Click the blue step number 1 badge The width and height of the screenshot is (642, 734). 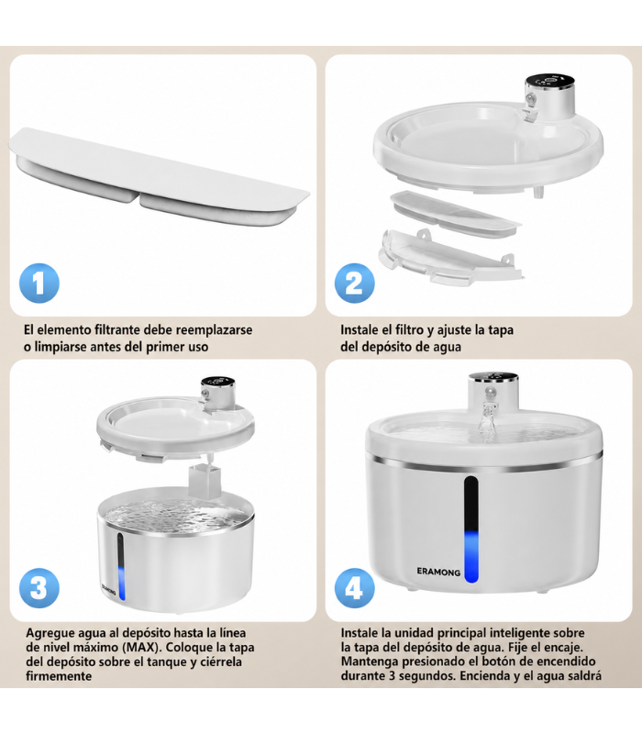(x=39, y=284)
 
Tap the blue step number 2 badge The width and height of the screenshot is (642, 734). (x=355, y=284)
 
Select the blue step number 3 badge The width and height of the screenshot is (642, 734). (x=39, y=588)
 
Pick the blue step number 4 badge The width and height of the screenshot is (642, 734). (x=355, y=588)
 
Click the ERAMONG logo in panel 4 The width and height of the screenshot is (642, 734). (x=438, y=572)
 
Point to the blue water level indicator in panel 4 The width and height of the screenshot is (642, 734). (x=471, y=557)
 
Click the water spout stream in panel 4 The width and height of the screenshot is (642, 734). (x=487, y=424)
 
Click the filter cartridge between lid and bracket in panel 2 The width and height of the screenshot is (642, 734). (x=455, y=214)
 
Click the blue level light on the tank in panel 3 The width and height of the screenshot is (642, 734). (x=122, y=584)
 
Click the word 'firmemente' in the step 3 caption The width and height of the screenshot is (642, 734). (x=59, y=676)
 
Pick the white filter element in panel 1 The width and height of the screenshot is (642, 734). (x=159, y=176)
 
